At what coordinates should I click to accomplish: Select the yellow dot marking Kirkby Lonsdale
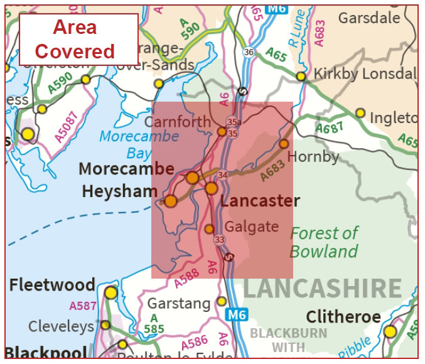[x=301, y=77]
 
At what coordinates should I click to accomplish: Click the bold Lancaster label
[x=260, y=201]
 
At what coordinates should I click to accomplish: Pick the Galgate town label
[x=252, y=227]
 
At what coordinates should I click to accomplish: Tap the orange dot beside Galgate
[x=210, y=229]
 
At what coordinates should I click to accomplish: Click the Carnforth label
[x=178, y=122]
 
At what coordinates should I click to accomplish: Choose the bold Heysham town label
[x=119, y=191]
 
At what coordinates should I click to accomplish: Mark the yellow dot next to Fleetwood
[x=111, y=292]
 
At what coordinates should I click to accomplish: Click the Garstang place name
[x=179, y=304]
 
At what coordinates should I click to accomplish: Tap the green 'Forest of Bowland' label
[x=323, y=242]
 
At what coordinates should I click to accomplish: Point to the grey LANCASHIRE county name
[x=322, y=288]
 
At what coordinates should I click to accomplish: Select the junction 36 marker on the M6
[x=249, y=52]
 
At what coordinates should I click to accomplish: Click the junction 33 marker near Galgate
[x=219, y=240]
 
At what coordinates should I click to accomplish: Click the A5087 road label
[x=65, y=126]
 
